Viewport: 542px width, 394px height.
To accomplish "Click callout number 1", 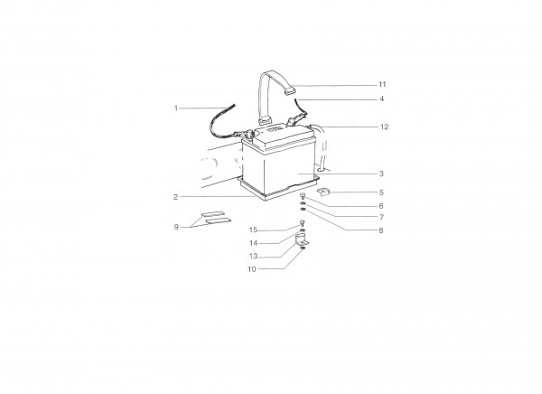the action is point(176,108).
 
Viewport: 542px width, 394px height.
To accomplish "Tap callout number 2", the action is point(175,197).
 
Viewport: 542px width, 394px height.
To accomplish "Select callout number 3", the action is point(381,174).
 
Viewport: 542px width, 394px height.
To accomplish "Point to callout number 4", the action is point(381,98).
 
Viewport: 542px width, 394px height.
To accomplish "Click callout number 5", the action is point(381,192).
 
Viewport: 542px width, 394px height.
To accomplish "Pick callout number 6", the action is point(381,206).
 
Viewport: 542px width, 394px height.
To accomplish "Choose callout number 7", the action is point(381,218).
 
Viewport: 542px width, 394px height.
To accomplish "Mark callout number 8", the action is point(381,230).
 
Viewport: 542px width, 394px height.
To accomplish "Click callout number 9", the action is point(176,227).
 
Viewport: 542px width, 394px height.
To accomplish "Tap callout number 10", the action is point(252,269).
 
